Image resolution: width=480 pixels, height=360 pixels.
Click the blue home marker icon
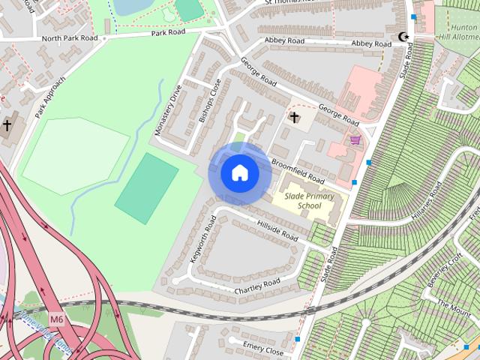(x=239, y=173)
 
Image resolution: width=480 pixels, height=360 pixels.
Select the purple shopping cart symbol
(x=355, y=139)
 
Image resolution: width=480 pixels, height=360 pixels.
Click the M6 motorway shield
(x=57, y=319)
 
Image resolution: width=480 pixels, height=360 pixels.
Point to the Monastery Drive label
(x=169, y=109)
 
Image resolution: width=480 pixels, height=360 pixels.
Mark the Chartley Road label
(x=257, y=286)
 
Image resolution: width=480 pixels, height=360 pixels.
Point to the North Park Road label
(x=70, y=37)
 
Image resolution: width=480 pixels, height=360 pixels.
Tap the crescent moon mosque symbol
(x=404, y=37)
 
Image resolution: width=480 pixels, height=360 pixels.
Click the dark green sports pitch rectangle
(x=146, y=188)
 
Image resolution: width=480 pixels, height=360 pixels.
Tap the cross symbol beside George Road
(x=295, y=118)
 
